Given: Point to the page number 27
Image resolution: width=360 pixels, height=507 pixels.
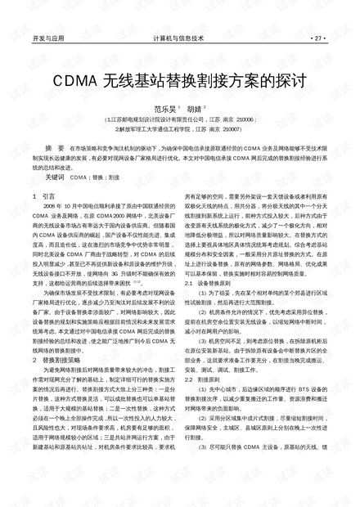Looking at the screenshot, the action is pos(317,38).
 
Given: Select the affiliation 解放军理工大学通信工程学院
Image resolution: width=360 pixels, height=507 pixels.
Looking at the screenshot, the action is pos(155,128).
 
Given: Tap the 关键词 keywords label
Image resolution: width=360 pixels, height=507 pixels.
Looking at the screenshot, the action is pos(55,175).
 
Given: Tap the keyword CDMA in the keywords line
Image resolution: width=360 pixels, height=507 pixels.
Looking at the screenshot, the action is pos(79,175).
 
